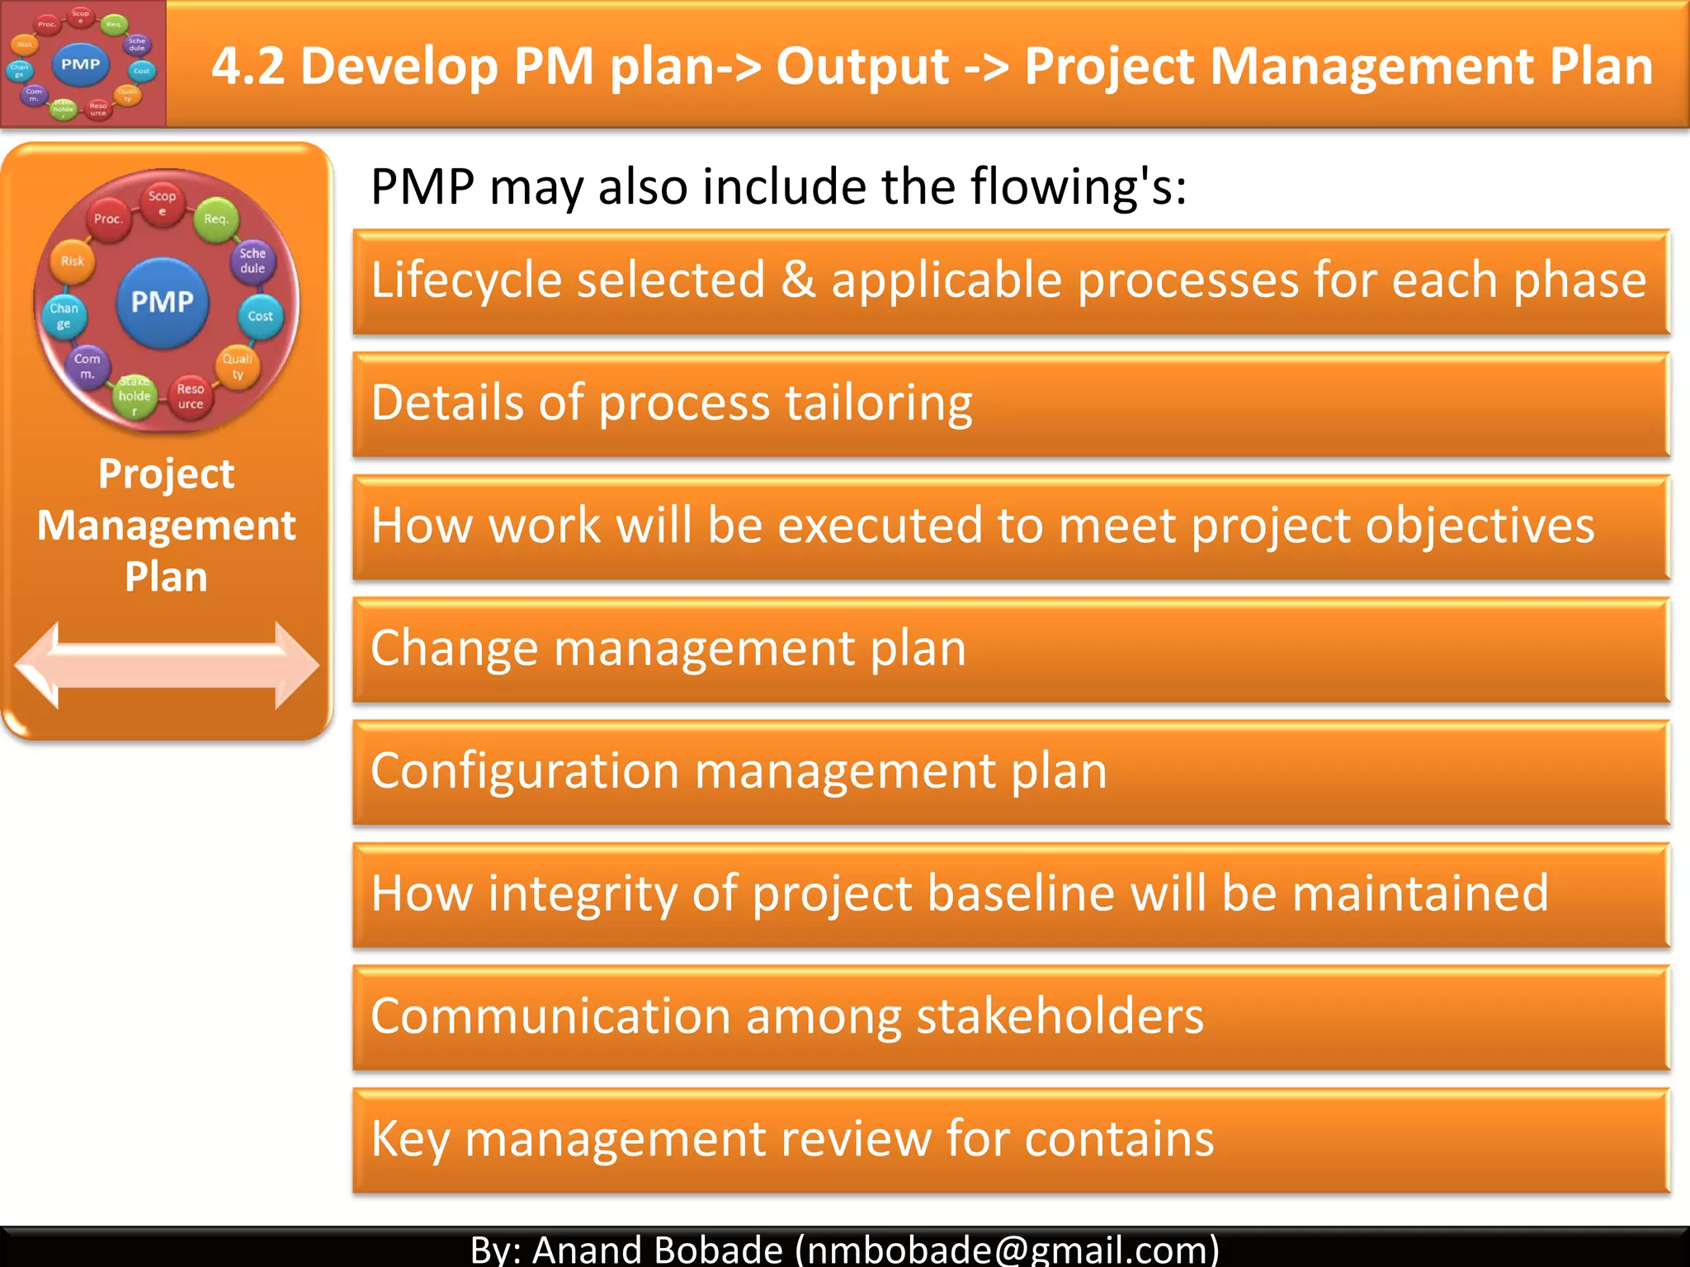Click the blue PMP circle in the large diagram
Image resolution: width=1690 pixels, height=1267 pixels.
(163, 302)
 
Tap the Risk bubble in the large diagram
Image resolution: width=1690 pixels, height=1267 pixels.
(73, 261)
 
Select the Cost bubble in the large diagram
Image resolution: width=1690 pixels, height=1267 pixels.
(260, 316)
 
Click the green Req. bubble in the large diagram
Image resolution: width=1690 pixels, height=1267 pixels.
(215, 219)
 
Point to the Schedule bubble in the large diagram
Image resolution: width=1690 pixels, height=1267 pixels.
(253, 261)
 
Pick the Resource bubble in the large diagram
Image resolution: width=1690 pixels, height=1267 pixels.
(191, 397)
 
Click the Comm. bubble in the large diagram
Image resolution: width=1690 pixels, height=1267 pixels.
(87, 366)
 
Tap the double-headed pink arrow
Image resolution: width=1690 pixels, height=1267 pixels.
(167, 665)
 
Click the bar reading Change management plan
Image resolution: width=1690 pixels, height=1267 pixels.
(1011, 650)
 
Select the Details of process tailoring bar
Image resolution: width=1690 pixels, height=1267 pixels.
(1011, 404)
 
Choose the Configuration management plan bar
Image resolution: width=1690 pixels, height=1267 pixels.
(1011, 773)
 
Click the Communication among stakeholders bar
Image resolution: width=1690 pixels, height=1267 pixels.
(1011, 1018)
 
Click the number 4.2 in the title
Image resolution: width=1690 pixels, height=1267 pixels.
(248, 66)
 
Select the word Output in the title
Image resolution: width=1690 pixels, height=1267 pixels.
(862, 66)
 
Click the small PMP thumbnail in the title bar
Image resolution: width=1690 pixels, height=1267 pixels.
(83, 64)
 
